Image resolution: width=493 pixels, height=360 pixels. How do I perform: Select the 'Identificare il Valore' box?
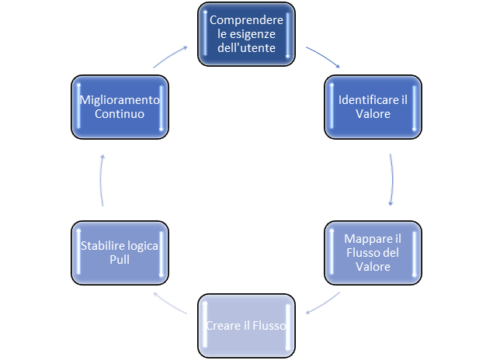[373, 107]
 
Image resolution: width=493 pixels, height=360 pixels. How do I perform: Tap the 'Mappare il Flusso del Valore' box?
[373, 253]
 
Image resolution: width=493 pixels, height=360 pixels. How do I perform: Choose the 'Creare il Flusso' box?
[247, 326]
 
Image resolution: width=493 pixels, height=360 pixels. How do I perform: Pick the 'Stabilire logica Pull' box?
[120, 253]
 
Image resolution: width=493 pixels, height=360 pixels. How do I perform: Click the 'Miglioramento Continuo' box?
[120, 107]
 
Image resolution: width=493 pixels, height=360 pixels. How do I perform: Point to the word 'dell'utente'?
[247, 47]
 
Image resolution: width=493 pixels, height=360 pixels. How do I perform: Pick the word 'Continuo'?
[120, 115]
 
